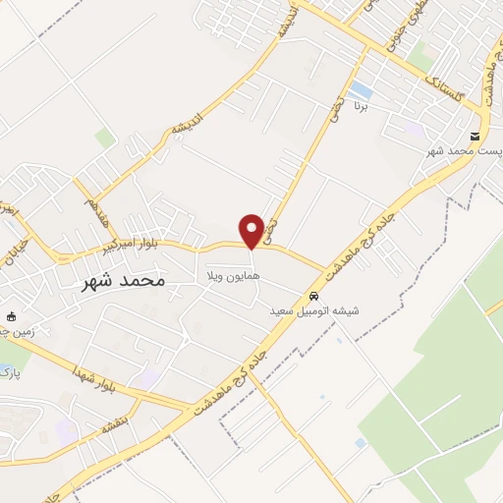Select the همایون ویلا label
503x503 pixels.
[232, 278]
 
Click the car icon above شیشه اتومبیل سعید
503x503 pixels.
[313, 296]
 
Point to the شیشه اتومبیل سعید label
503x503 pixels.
[315, 311]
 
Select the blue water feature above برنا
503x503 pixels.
[362, 90]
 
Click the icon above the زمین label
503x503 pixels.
[12, 316]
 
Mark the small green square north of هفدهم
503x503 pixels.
[104, 139]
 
